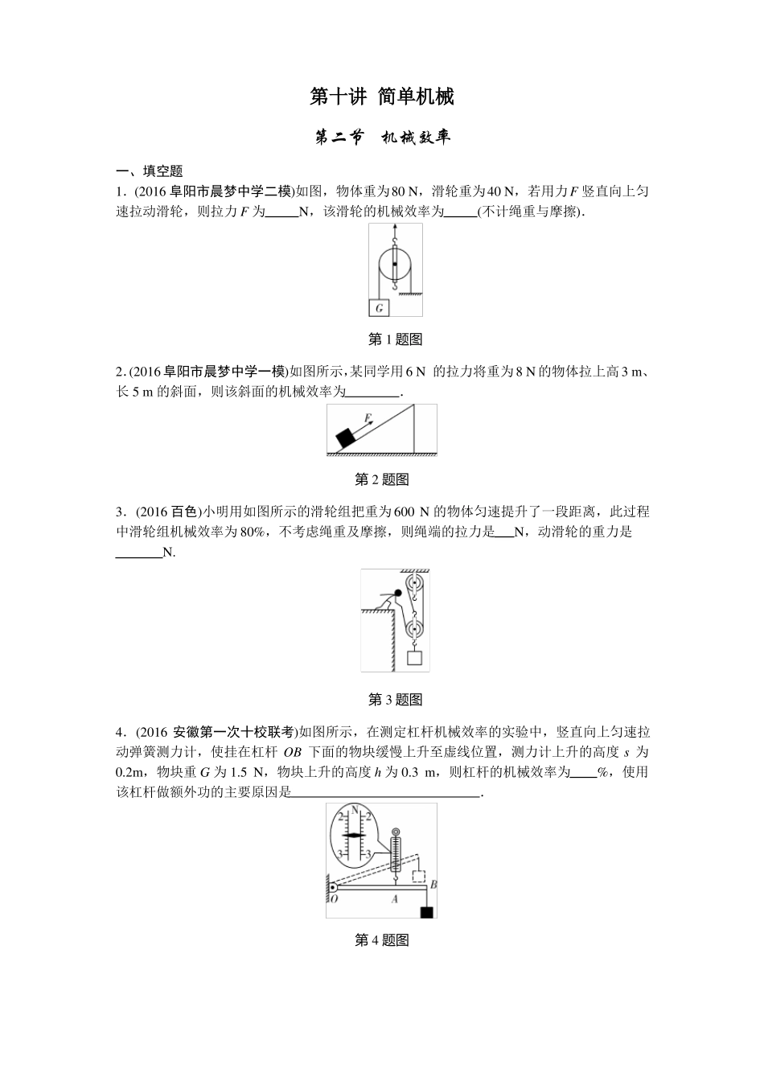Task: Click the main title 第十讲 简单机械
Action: coord(382,97)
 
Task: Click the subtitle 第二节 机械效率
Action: coord(382,138)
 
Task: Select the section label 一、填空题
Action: coord(150,171)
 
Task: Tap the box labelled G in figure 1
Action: coord(379,307)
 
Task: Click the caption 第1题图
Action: coord(395,339)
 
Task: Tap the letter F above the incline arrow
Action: coord(367,418)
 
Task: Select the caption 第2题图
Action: coord(382,480)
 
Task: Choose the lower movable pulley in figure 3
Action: coord(415,627)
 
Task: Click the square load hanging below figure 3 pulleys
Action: coord(415,658)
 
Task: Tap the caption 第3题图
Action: coord(395,700)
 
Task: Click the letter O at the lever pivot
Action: coord(335,900)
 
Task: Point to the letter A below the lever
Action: coord(395,900)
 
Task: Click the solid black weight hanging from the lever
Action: coord(427,911)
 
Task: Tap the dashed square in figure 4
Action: coord(418,877)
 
